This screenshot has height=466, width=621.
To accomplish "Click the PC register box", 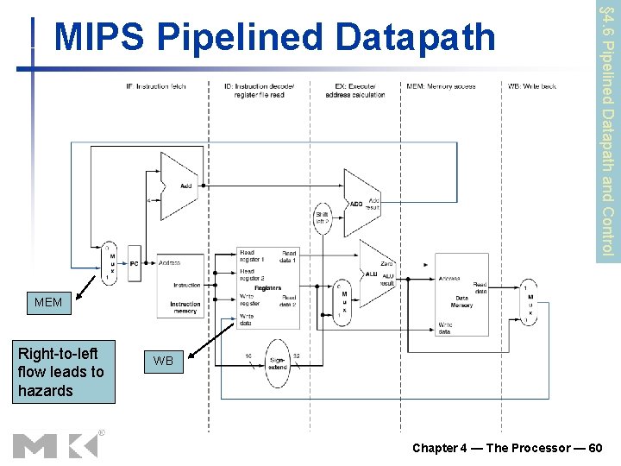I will (x=134, y=263).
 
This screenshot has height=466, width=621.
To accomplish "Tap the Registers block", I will (x=267, y=277).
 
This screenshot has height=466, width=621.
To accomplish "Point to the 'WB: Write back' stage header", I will (x=532, y=85).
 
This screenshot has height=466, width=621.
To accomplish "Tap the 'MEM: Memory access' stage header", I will (x=441, y=85).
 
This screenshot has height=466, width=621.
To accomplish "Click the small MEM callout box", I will (x=48, y=303).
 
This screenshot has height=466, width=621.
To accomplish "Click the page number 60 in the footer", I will (x=594, y=447).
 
